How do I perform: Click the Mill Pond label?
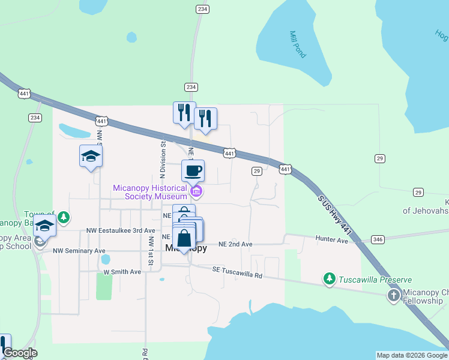[x=297, y=44]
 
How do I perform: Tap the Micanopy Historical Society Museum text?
[x=150, y=192]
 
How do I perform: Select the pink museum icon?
[x=196, y=192]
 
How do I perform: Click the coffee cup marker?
[x=193, y=171]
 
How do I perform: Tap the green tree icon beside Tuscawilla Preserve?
[x=329, y=278]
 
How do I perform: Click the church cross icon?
[x=393, y=295]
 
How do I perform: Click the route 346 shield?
[x=378, y=239]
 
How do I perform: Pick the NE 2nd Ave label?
[x=235, y=244]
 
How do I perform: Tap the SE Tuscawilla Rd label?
[x=238, y=272]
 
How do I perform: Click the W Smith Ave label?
[x=122, y=272]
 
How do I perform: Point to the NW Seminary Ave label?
[x=79, y=251]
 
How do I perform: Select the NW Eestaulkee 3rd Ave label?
[x=121, y=230]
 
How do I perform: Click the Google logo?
[x=20, y=353]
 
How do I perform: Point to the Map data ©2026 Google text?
[x=411, y=355]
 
